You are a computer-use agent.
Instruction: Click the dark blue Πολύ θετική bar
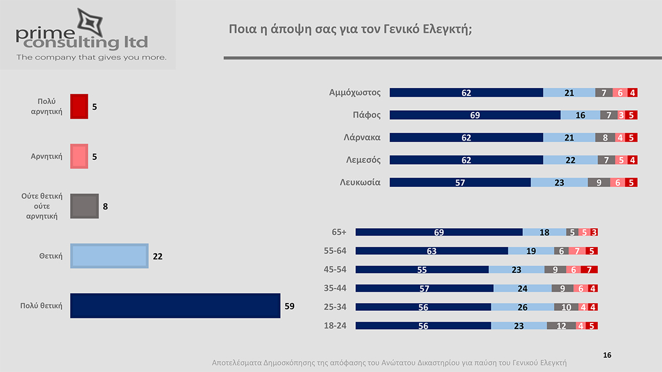pos(175,306)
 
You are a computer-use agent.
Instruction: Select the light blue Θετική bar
pos(109,256)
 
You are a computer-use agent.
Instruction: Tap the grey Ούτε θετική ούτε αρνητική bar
pos(84,206)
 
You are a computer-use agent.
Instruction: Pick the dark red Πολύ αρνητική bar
pos(79,106)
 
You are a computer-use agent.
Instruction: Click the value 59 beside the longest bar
pos(290,306)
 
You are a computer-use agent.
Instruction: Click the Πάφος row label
pos(366,115)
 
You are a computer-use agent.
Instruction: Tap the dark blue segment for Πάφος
pos(475,115)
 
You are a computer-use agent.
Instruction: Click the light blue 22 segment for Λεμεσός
pos(570,160)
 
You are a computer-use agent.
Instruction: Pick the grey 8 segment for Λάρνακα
pos(605,137)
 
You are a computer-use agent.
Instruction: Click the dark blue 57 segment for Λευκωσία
pos(460,182)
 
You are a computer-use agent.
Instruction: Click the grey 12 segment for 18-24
pos(561,326)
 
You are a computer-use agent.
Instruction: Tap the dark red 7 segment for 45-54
pos(589,269)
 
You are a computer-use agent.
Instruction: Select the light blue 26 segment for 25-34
pos(522,307)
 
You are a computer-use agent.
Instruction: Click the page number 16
pos(607,355)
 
